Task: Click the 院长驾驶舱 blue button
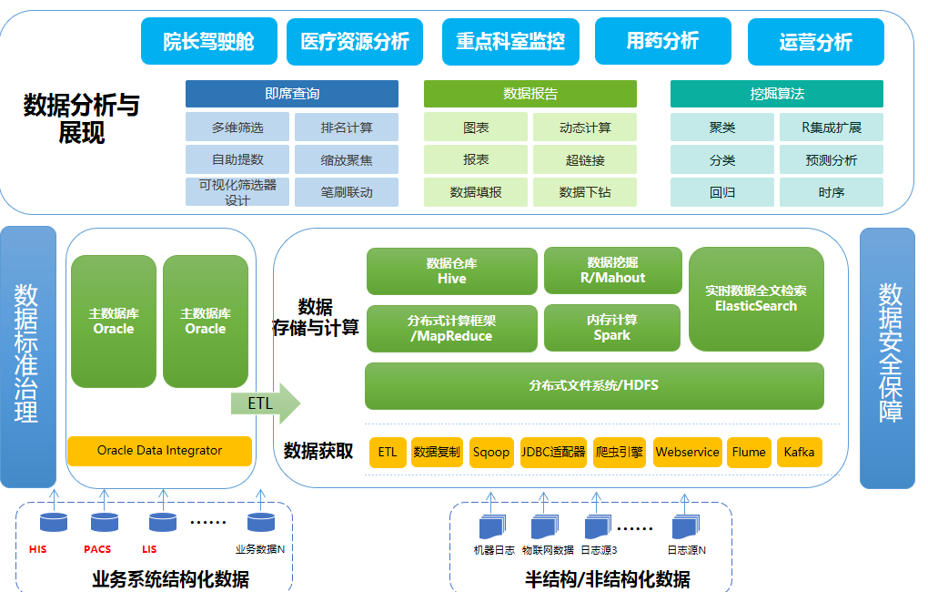pyautogui.click(x=208, y=42)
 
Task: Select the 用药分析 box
pyautogui.click(x=662, y=42)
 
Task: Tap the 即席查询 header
pyautogui.click(x=292, y=94)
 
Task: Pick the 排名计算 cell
pyautogui.click(x=347, y=128)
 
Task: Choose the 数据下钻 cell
pyautogui.click(x=585, y=192)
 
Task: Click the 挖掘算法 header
pyautogui.click(x=777, y=94)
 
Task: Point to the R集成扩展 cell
pyautogui.click(x=832, y=128)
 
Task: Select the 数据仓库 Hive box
pyautogui.click(x=451, y=271)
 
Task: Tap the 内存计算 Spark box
pyautogui.click(x=612, y=328)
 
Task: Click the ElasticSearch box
pyautogui.click(x=756, y=299)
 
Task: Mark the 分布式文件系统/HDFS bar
pyautogui.click(x=594, y=386)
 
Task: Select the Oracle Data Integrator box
pyautogui.click(x=159, y=451)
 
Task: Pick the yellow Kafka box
pyautogui.click(x=799, y=453)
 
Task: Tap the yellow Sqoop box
pyautogui.click(x=491, y=453)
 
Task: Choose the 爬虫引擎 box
pyautogui.click(x=620, y=453)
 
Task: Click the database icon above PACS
pyautogui.click(x=105, y=523)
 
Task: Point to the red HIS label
pyautogui.click(x=37, y=549)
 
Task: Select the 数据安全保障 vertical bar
pyautogui.click(x=887, y=358)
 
